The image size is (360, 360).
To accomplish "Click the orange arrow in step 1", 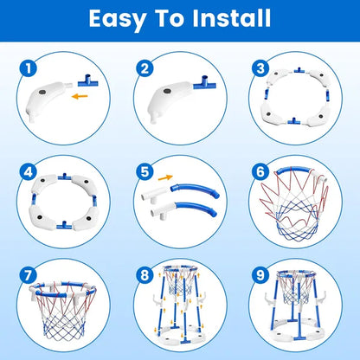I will [x=79, y=98].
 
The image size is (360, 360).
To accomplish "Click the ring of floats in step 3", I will [x=293, y=103].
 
